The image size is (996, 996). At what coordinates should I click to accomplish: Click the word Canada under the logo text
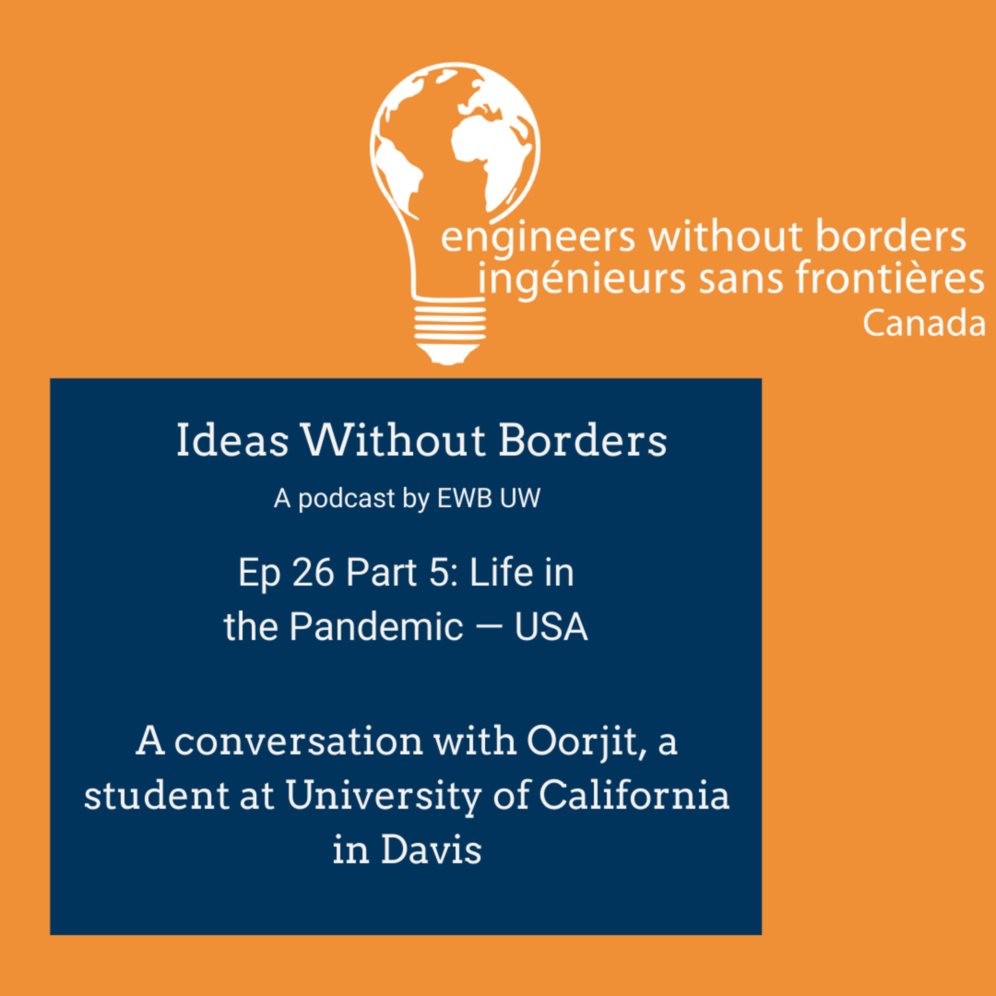924,324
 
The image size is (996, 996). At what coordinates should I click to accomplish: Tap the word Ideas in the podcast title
232,441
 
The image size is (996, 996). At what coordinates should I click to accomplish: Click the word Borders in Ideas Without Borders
583,441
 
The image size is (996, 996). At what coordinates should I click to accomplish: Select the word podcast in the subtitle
346,499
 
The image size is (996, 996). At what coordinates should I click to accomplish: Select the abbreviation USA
551,627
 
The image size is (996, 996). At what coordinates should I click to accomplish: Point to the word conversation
298,743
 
